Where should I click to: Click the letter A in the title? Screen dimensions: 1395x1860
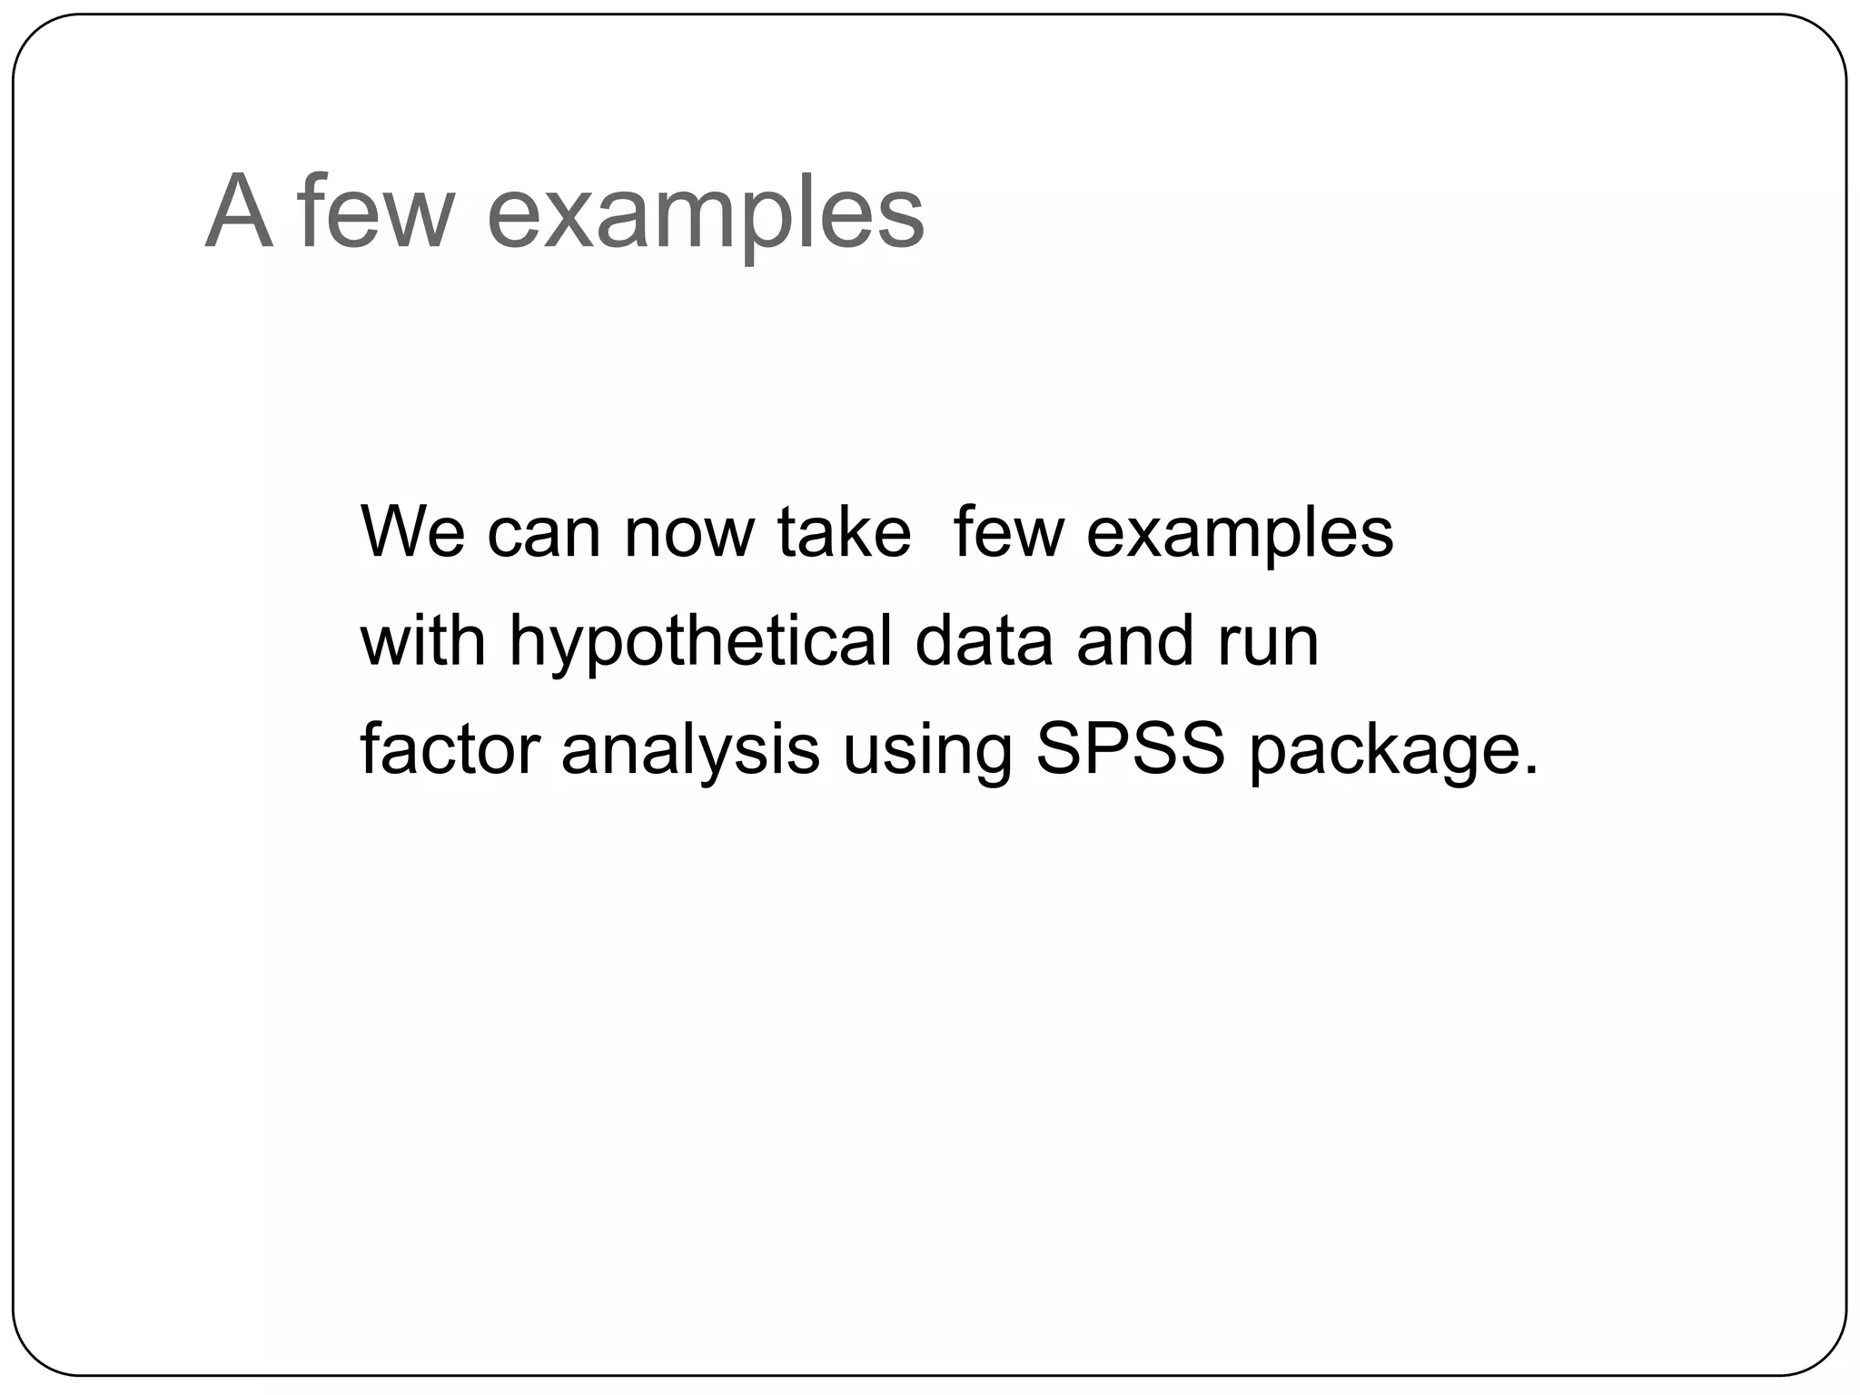239,213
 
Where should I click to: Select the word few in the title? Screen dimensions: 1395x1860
375,213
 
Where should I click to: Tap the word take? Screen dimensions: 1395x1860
844,531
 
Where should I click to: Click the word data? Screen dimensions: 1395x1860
984,640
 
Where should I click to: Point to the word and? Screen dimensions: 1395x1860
1134,640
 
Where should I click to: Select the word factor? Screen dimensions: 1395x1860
450,749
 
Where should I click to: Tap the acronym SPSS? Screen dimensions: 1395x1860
1131,749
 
